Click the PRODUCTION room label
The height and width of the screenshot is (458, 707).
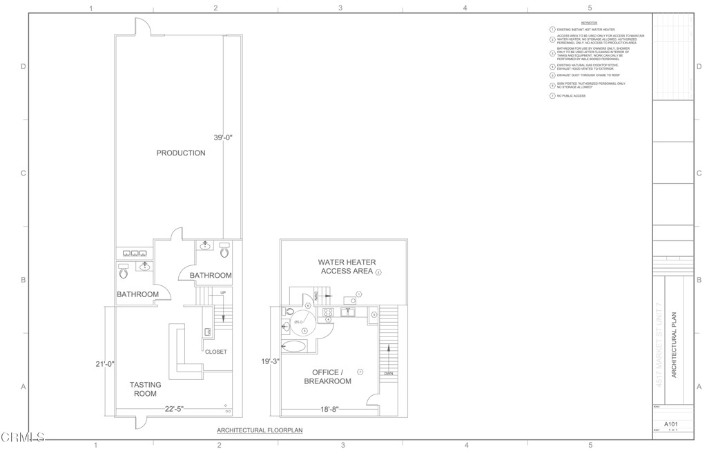pyautogui.click(x=180, y=153)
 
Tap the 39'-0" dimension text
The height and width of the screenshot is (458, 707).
pyautogui.click(x=223, y=138)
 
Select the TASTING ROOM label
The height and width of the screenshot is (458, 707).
pyautogui.click(x=145, y=389)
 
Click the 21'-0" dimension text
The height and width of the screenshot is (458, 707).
pyautogui.click(x=105, y=364)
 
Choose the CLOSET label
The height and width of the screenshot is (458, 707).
pyautogui.click(x=215, y=352)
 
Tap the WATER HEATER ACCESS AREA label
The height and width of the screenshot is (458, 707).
pyautogui.click(x=347, y=267)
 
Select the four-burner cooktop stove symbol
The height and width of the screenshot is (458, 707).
pyautogui.click(x=329, y=312)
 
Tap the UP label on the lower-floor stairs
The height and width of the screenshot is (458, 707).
pyautogui.click(x=223, y=294)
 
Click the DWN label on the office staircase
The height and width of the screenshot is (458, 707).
pyautogui.click(x=388, y=374)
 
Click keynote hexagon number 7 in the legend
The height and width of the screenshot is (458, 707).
pyautogui.click(x=552, y=96)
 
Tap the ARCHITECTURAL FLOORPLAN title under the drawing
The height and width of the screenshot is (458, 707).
pyautogui.click(x=260, y=430)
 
